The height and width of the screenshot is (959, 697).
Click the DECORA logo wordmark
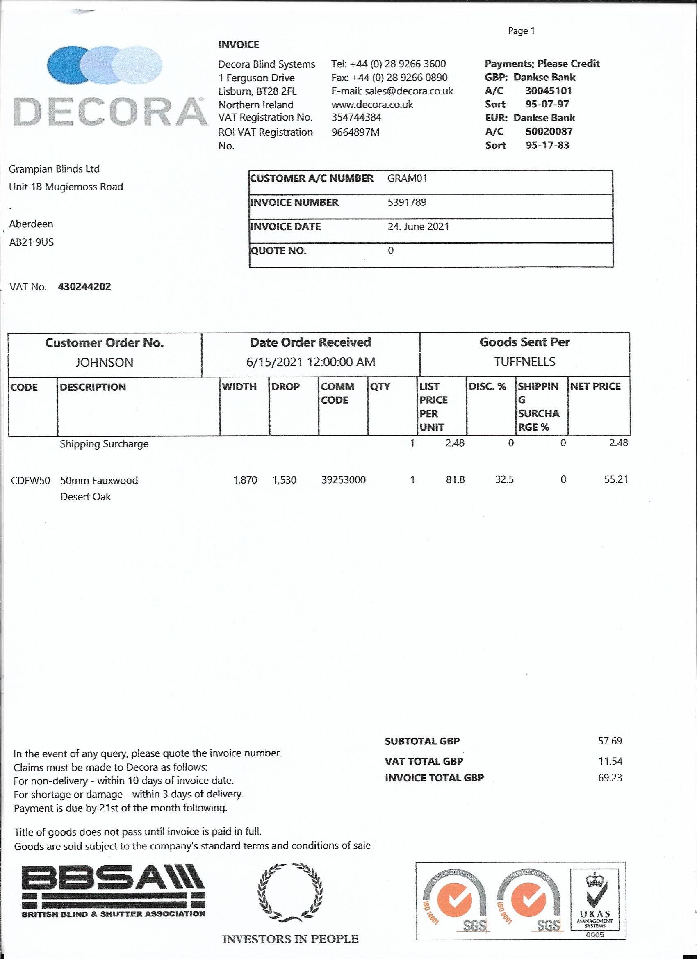click(110, 112)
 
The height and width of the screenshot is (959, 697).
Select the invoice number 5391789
click(407, 203)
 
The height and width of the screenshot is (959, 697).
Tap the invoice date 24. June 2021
click(418, 227)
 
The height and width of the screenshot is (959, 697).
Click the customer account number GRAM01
click(407, 178)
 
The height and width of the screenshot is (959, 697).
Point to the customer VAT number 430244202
click(84, 287)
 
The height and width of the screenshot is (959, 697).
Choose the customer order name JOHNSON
click(105, 362)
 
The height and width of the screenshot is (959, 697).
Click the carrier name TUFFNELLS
click(524, 362)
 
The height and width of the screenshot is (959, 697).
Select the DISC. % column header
click(487, 386)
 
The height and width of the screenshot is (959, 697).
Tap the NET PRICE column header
click(595, 386)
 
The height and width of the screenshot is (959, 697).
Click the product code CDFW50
click(30, 480)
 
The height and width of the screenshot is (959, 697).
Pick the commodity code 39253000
click(343, 480)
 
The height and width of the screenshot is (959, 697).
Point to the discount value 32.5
click(504, 479)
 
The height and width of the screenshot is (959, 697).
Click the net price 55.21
click(616, 479)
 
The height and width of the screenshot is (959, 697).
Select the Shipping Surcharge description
click(104, 444)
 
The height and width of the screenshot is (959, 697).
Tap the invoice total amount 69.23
click(610, 778)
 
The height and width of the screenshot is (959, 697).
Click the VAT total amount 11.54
click(610, 761)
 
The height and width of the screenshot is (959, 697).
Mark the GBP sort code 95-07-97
click(547, 104)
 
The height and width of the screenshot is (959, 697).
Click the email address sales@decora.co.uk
click(392, 91)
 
